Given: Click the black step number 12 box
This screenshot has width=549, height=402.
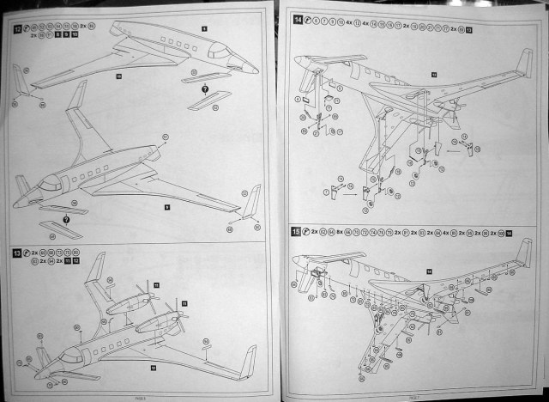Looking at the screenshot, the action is click(x=18, y=29).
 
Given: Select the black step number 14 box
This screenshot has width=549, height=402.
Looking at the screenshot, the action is click(x=298, y=18).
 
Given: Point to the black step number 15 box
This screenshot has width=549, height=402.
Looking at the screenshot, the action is click(x=297, y=232).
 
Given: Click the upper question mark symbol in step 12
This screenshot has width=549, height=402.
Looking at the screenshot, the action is click(x=205, y=90).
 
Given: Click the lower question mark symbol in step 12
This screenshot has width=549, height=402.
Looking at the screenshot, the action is click(x=66, y=220).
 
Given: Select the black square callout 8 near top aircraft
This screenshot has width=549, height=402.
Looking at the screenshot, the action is click(x=204, y=27).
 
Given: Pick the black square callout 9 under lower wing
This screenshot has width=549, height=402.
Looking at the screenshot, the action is click(x=167, y=206).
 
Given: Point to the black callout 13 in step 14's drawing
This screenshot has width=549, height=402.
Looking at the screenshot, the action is click(x=433, y=76).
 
